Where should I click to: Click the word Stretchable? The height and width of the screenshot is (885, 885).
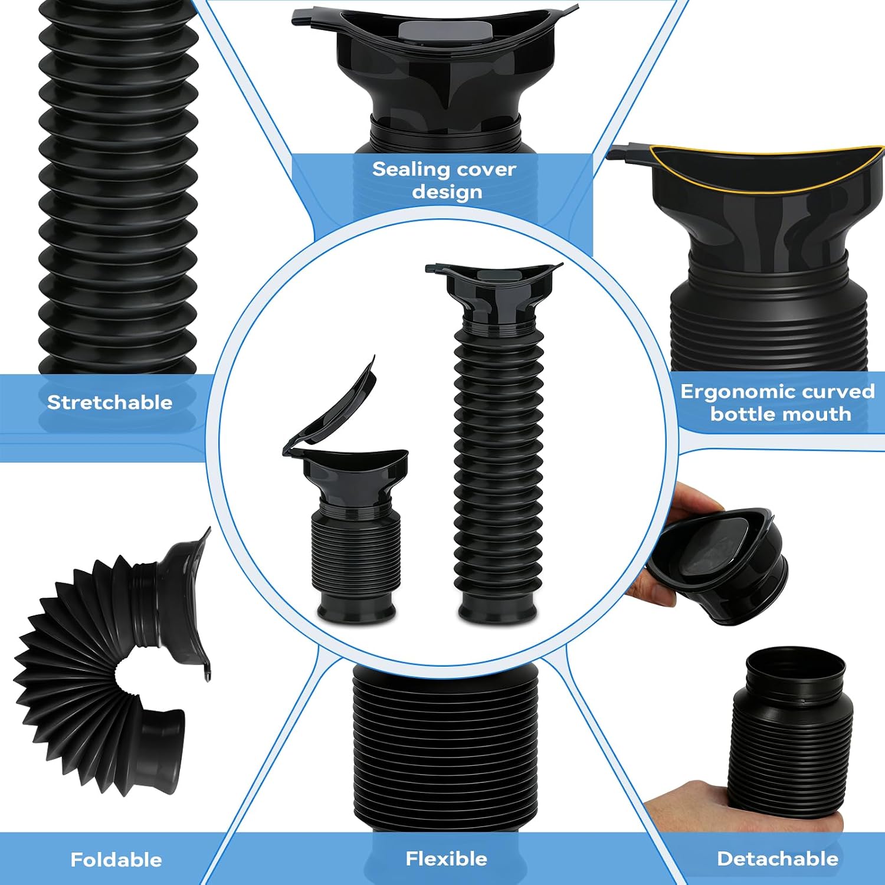(x=110, y=402)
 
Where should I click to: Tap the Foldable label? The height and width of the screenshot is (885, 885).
(x=116, y=860)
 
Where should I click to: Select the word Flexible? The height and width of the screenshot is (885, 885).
(x=447, y=858)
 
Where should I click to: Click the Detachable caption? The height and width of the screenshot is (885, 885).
(x=778, y=858)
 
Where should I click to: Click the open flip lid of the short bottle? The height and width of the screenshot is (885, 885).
(x=330, y=407)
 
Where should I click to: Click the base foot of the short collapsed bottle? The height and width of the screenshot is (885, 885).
(x=356, y=608)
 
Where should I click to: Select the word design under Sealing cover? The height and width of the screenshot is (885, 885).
(x=447, y=192)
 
